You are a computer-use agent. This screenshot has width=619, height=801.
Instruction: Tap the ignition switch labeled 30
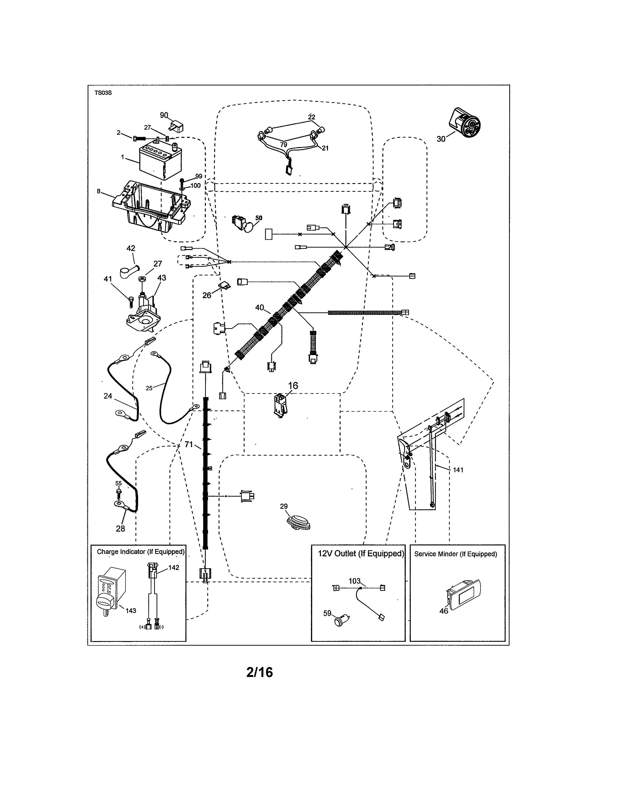click(x=465, y=123)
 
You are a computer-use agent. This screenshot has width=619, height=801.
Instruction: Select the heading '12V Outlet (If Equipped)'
click(x=361, y=554)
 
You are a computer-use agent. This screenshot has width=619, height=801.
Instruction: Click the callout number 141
click(x=458, y=470)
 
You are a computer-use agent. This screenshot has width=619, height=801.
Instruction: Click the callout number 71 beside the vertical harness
click(x=188, y=444)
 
